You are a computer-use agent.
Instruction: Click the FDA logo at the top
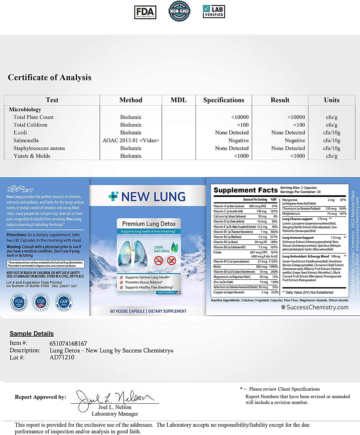pos(145,12)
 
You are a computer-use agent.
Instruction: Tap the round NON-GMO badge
pos(179,11)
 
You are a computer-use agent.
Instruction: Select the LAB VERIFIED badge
pos(214,12)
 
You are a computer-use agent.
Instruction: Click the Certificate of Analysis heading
pos(50,77)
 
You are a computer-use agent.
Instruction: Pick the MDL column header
pos(179,100)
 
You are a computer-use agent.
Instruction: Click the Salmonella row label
pos(26,140)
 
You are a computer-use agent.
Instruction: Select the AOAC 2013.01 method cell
pos(131,140)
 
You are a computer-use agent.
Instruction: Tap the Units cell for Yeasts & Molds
pos(332,156)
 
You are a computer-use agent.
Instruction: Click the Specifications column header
pos(224,100)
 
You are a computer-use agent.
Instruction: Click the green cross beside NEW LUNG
pos(113,196)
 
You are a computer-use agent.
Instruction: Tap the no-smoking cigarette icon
pos(159,260)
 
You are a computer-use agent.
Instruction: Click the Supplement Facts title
pos(245,190)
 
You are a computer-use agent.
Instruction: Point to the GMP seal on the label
pos(64,302)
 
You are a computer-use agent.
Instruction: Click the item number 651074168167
pos(68,344)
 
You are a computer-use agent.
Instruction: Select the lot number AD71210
pos(62,357)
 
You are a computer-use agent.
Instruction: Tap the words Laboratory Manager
pos(115,414)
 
